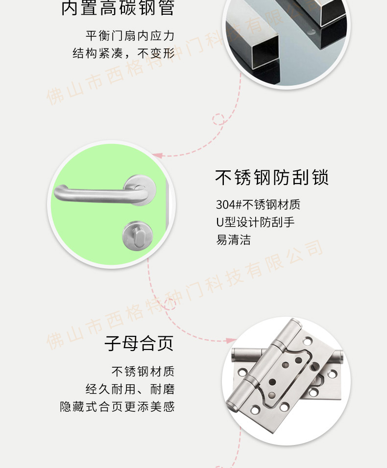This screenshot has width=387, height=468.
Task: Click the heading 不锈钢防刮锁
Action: [x=272, y=178]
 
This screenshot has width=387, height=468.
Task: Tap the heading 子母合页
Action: [x=139, y=343]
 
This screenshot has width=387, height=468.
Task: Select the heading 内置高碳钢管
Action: [x=118, y=8]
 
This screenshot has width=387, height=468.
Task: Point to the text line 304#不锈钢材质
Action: [x=258, y=205]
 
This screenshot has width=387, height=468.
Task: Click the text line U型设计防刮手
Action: [x=255, y=222]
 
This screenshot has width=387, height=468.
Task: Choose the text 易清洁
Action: [x=233, y=240]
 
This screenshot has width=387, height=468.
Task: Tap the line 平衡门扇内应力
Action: [x=130, y=36]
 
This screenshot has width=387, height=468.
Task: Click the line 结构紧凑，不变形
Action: [x=123, y=53]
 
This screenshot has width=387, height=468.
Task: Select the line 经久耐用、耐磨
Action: [x=130, y=389]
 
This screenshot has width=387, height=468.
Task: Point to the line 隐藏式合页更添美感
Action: [x=118, y=407]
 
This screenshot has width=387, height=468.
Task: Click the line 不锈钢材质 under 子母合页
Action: [x=143, y=372]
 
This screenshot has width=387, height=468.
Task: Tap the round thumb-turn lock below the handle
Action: [x=137, y=236]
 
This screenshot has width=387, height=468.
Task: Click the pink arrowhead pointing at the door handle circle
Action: [x=157, y=155]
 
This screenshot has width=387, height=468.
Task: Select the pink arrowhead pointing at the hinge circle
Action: [x=231, y=341]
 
